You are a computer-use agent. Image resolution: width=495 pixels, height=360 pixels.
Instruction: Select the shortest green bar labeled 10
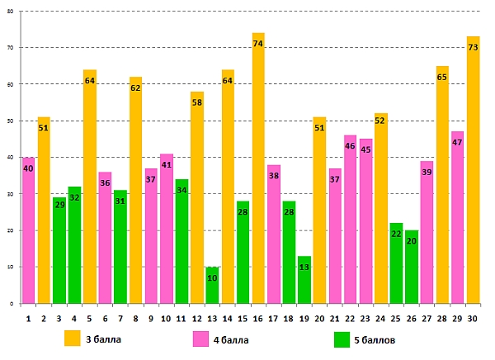click(212, 286)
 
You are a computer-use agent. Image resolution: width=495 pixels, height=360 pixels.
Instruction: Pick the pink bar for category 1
click(29, 230)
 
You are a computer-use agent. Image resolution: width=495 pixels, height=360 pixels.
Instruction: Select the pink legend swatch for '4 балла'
click(201, 339)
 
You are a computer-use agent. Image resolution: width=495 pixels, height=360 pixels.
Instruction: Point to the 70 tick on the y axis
click(12, 48)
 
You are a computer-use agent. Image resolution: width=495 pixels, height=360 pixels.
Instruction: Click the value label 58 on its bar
click(197, 102)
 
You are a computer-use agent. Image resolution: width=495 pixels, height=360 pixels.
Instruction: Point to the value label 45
click(365, 149)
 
